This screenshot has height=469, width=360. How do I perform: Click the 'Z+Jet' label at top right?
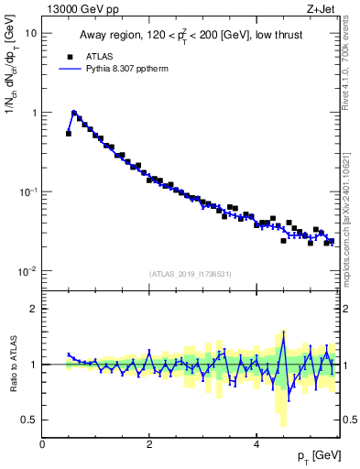[x=323, y=8]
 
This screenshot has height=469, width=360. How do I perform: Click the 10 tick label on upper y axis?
[x=30, y=33]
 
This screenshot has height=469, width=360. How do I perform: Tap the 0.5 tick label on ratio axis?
[x=28, y=420]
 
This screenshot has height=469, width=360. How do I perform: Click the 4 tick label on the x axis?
[x=257, y=443]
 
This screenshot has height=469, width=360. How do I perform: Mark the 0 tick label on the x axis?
[x=43, y=443]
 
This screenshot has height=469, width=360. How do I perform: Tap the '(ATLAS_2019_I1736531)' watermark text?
[x=191, y=275]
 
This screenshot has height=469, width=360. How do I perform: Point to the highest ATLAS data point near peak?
[x=74, y=114]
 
